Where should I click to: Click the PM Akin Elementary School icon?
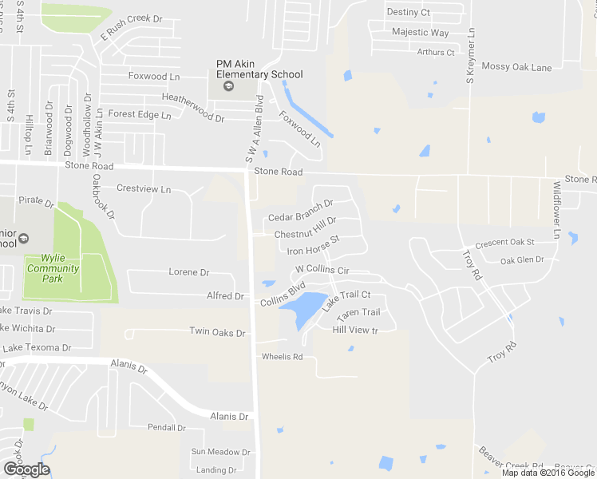pyautogui.click(x=227, y=86)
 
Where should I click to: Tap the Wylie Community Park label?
pyautogui.click(x=53, y=263)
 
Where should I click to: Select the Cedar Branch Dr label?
pyautogui.click(x=300, y=217)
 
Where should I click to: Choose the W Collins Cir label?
pyautogui.click(x=322, y=271)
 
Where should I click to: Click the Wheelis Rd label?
pyautogui.click(x=282, y=357)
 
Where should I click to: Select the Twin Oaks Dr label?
pyautogui.click(x=215, y=331)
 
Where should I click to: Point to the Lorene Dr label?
pyautogui.click(x=188, y=272)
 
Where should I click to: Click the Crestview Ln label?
pyautogui.click(x=144, y=189)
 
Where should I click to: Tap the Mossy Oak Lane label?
pyautogui.click(x=516, y=68)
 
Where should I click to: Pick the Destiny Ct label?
pyautogui.click(x=408, y=12)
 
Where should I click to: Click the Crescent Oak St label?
pyautogui.click(x=504, y=243)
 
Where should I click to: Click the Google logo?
pyautogui.click(x=26, y=469)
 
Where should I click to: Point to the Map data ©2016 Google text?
pyautogui.click(x=548, y=473)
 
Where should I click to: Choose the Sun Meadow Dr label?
pyautogui.click(x=220, y=452)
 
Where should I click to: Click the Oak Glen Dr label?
pyautogui.click(x=522, y=260)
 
